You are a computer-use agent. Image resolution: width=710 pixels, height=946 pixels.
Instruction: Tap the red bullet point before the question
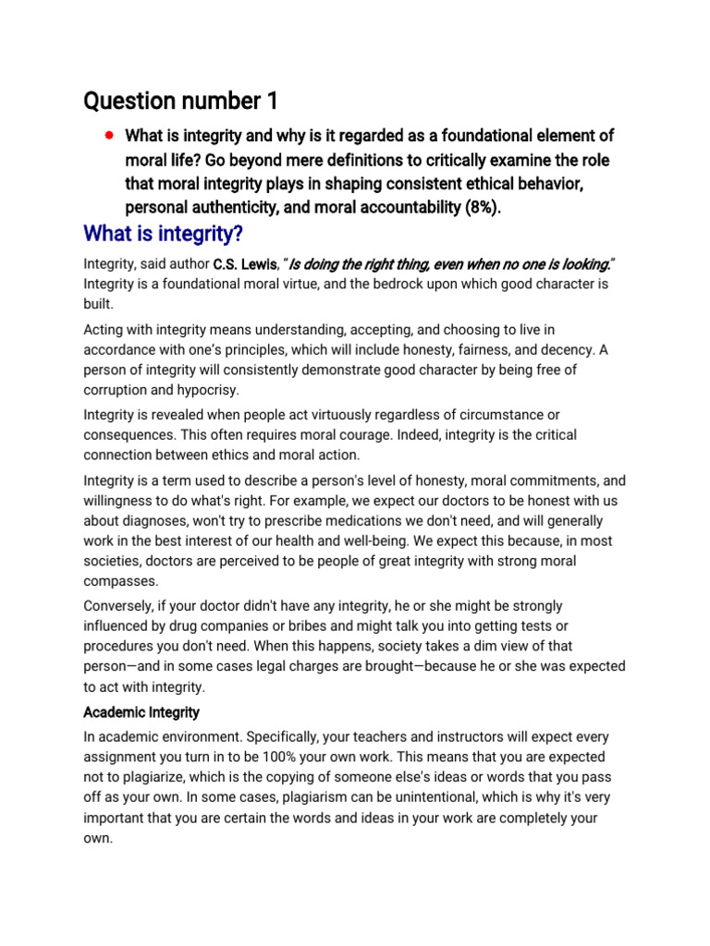tap(109, 135)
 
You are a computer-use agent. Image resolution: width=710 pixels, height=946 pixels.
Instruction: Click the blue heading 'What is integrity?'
tap(164, 232)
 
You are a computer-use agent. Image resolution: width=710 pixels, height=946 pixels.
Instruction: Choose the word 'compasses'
tap(120, 582)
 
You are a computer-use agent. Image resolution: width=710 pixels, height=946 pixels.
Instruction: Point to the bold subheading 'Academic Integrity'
tap(141, 712)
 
